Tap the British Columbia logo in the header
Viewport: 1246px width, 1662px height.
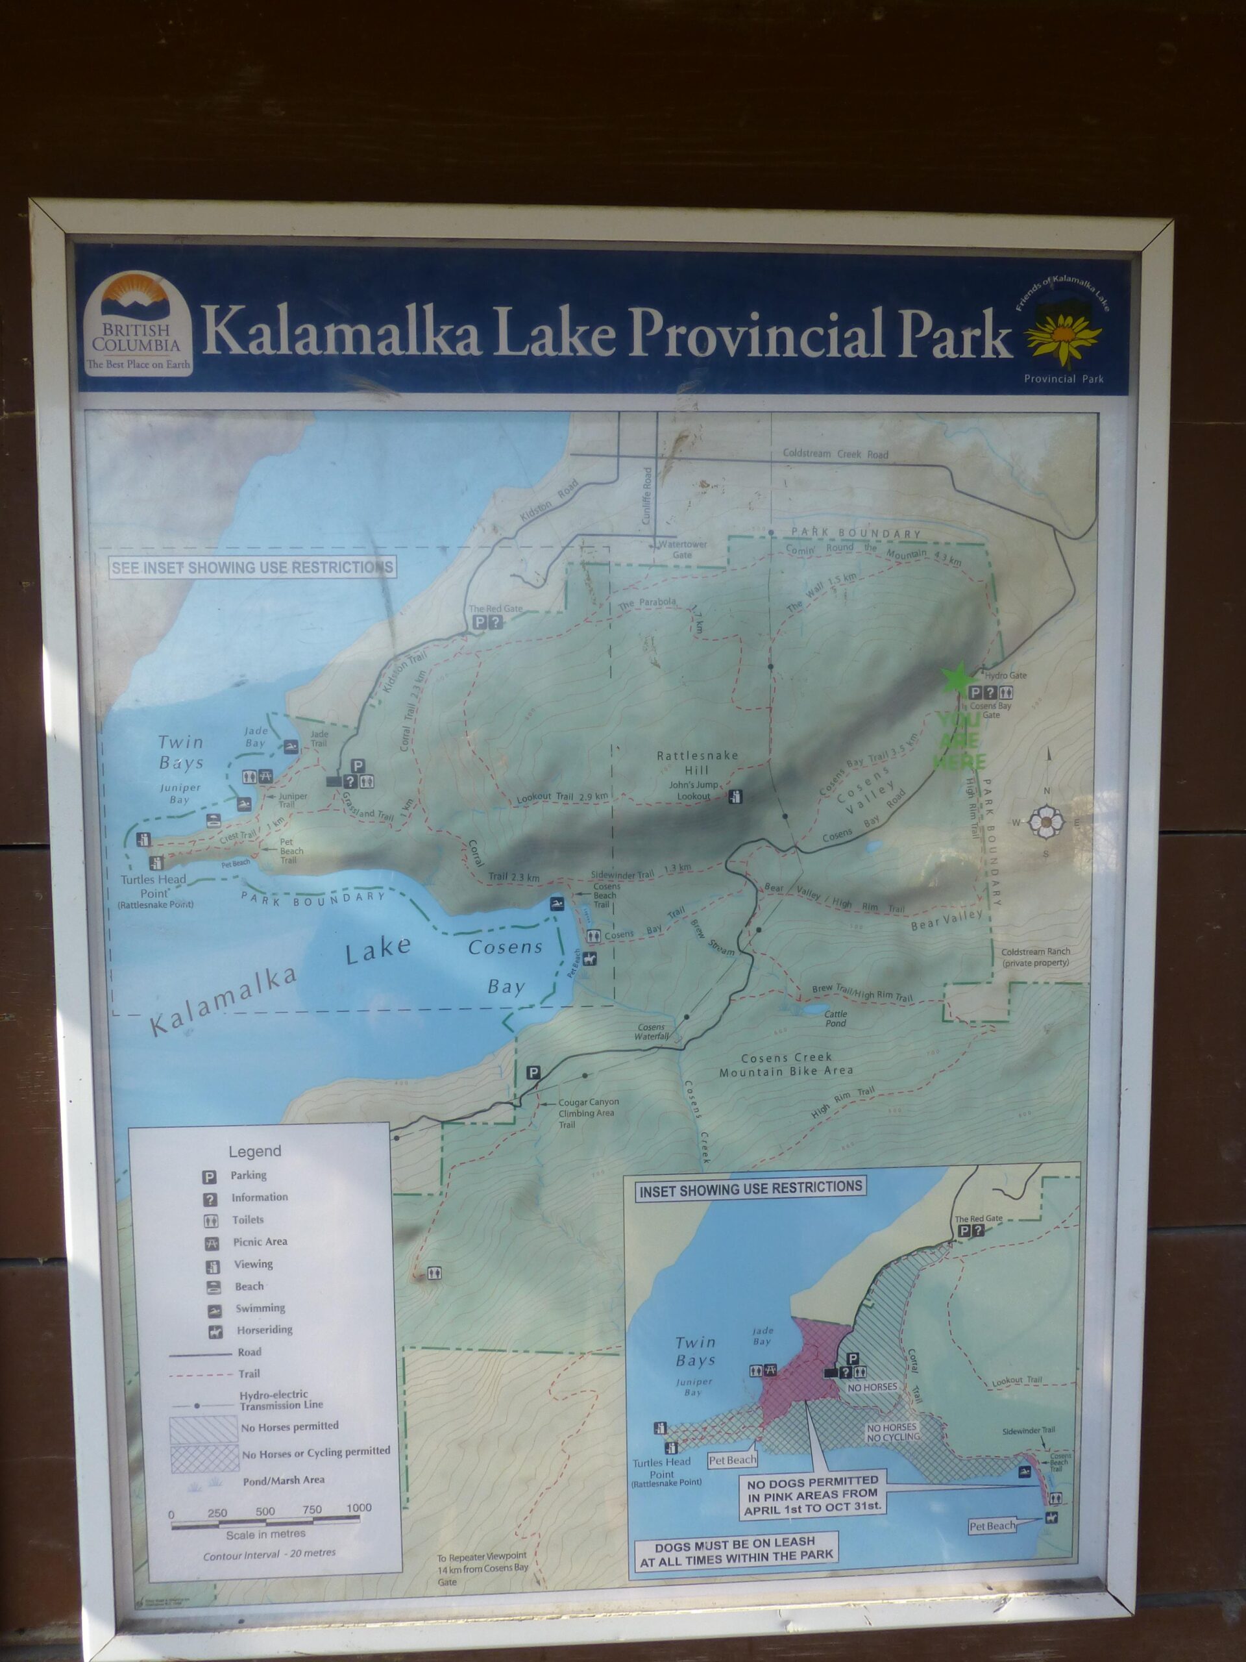(x=137, y=324)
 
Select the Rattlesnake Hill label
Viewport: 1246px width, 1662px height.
(x=697, y=763)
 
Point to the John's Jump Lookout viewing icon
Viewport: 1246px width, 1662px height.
(x=736, y=797)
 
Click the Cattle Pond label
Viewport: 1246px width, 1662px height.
(x=835, y=1018)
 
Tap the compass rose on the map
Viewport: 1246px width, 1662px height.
(x=1045, y=822)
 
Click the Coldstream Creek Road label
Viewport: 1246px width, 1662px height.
(x=835, y=454)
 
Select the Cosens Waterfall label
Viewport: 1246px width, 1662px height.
(x=651, y=1032)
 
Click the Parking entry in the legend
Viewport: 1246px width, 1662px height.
(x=248, y=1175)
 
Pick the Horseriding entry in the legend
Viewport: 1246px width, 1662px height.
(x=263, y=1330)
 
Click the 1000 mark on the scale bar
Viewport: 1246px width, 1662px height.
(x=359, y=1508)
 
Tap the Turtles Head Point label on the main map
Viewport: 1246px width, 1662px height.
(x=153, y=886)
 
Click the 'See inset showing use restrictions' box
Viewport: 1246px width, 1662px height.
(x=252, y=567)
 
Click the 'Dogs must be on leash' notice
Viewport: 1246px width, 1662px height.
(x=735, y=1552)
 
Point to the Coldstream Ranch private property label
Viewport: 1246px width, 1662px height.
(x=1035, y=956)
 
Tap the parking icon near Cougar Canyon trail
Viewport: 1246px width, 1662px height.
(x=533, y=1073)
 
